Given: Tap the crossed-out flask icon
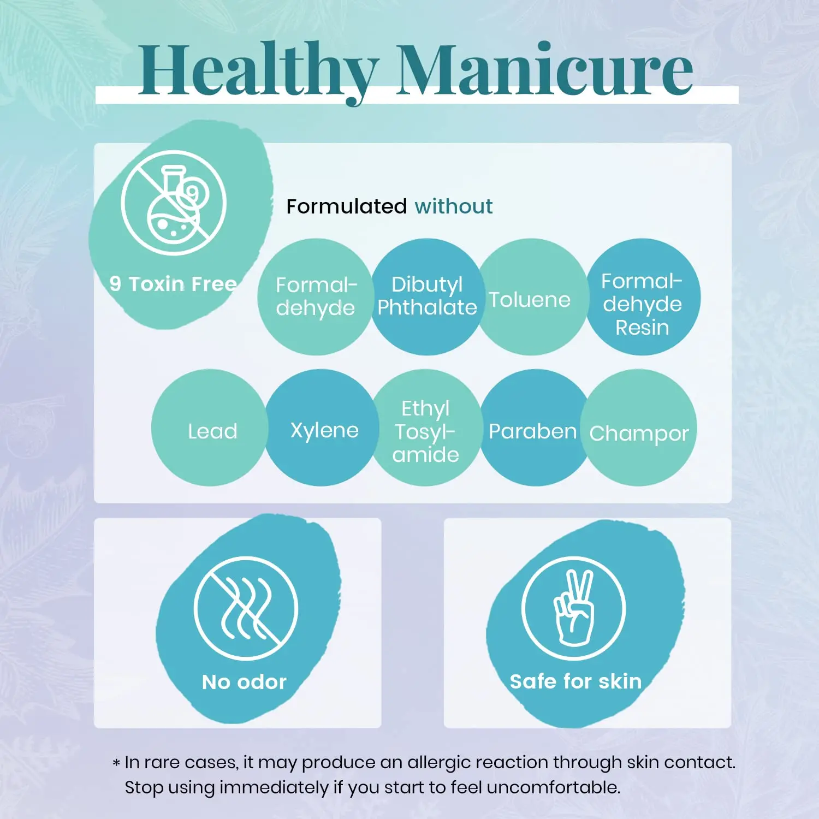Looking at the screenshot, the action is click(174, 203).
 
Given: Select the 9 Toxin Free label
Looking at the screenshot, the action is click(173, 284).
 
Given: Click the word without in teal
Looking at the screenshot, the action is click(453, 206).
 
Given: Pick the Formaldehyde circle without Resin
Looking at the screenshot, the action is click(316, 296).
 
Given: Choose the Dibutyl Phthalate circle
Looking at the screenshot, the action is click(427, 296).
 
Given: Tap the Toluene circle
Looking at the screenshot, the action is click(530, 299).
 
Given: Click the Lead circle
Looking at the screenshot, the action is click(212, 430).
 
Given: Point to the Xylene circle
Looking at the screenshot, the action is click(324, 430).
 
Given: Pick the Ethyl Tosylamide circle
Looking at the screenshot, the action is click(426, 431).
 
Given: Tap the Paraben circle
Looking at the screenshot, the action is click(532, 430).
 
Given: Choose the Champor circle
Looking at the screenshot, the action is click(639, 432).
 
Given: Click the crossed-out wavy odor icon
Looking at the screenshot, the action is click(246, 608).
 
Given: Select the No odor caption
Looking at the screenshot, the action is click(244, 682).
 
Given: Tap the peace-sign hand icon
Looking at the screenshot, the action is click(573, 608).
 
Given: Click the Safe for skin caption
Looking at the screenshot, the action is click(575, 681).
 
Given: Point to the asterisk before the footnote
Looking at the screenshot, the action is click(116, 763).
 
